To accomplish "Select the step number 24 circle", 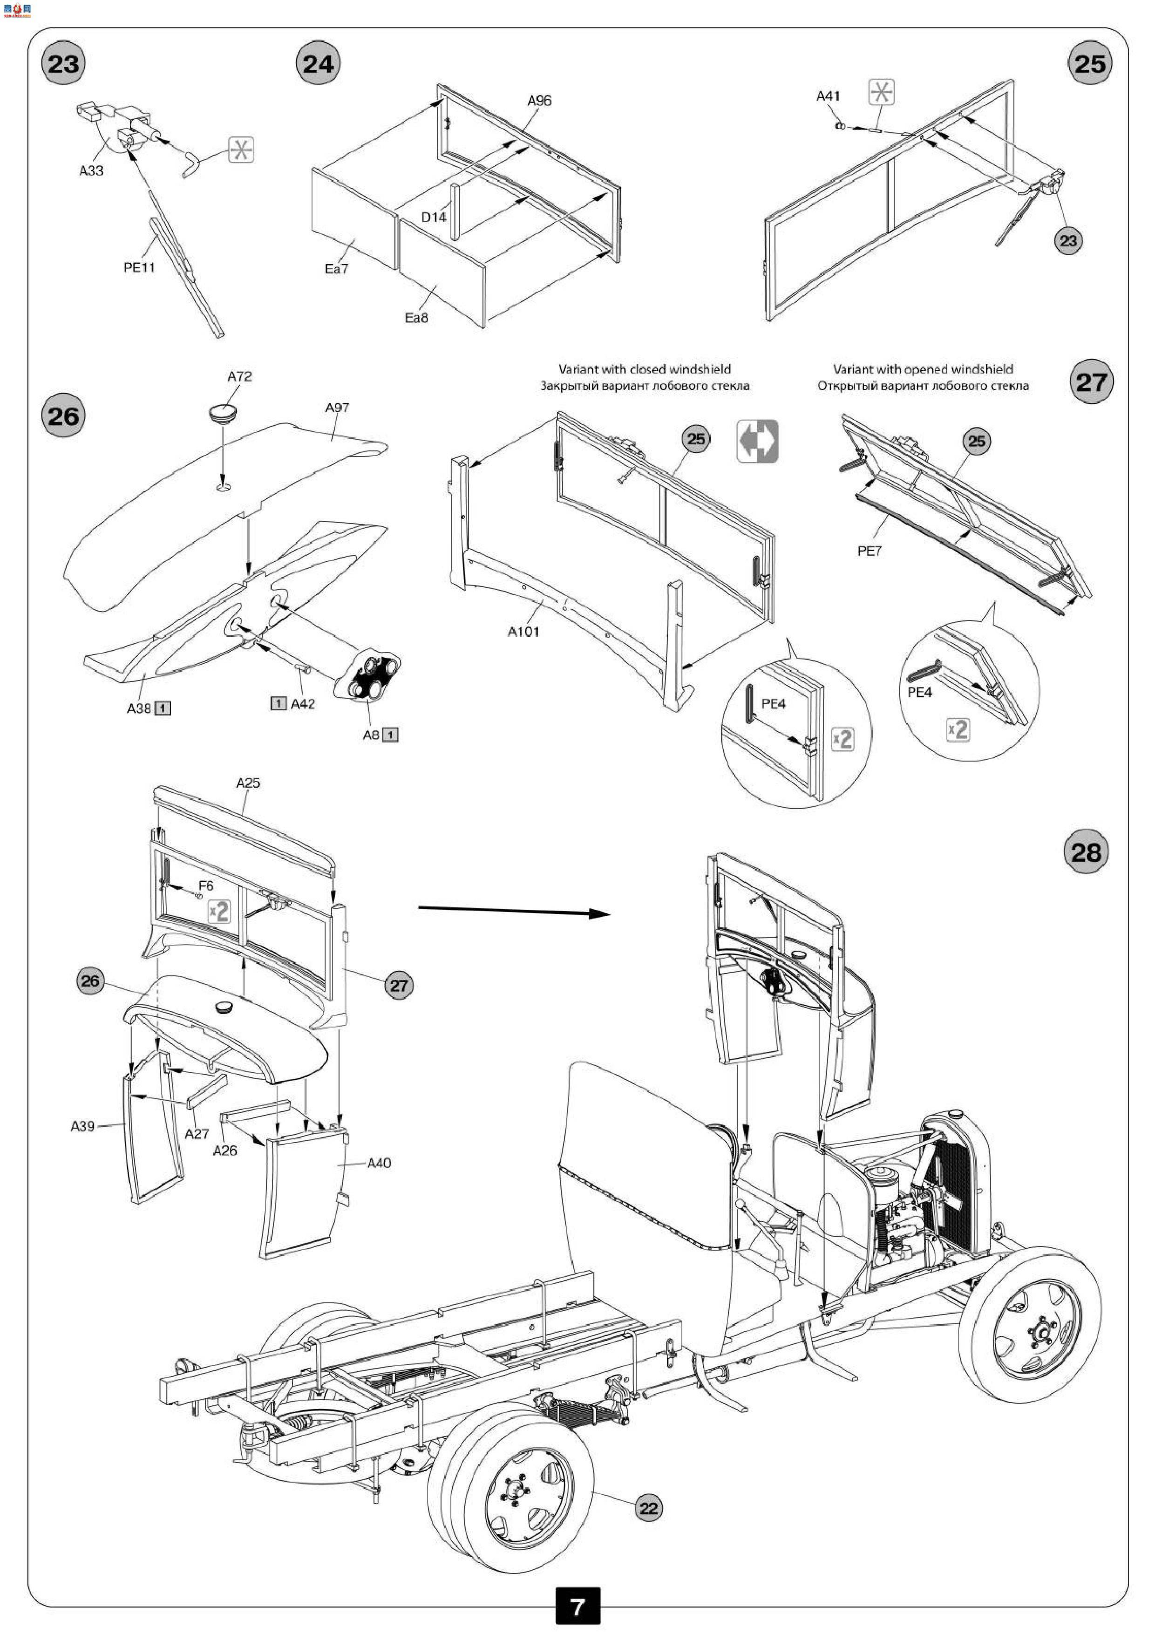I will (318, 64).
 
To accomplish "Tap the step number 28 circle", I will (1086, 852).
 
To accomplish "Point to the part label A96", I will (539, 100).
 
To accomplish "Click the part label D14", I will (434, 217).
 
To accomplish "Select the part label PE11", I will (139, 267).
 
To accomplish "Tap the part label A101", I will (523, 631).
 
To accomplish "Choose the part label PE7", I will (869, 551).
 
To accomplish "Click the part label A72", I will (240, 376).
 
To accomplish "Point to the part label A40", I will (379, 1163).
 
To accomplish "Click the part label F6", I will (206, 885).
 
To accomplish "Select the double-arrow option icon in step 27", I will (757, 441).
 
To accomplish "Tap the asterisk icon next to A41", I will (881, 93).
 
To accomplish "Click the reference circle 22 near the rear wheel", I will (648, 1508).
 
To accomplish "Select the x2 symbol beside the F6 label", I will (219, 911).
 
